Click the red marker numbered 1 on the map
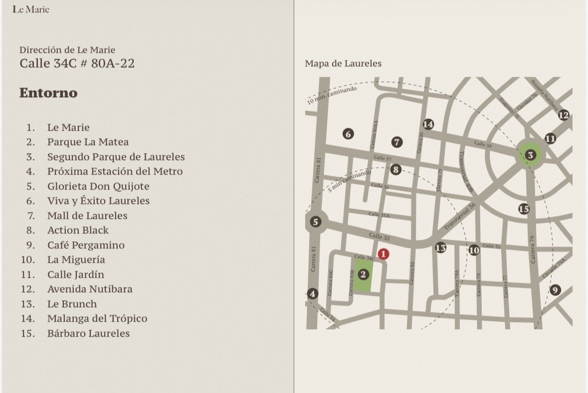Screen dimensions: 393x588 tap(383, 254)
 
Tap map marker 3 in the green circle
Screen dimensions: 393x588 tap(531, 156)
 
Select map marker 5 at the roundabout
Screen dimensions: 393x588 tap(315, 222)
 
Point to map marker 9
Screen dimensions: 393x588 tap(555, 290)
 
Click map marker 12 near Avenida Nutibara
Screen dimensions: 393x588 tap(564, 115)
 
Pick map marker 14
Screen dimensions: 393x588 tap(428, 124)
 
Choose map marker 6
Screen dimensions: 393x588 tap(348, 134)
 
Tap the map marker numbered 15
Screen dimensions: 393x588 tap(524, 209)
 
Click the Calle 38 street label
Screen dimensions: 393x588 tap(483, 144)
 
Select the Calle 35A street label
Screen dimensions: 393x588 tap(379, 214)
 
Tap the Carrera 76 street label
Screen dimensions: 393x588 tap(533, 249)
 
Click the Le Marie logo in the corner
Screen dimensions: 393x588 tap(31, 9)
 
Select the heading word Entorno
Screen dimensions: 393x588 tap(48, 93)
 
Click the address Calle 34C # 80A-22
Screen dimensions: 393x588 tap(77, 63)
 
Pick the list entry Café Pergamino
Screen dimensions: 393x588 tap(86, 245)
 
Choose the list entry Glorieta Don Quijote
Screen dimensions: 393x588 tap(98, 186)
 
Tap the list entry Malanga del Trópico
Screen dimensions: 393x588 tap(97, 318)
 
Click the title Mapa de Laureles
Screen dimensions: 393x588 tap(343, 63)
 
